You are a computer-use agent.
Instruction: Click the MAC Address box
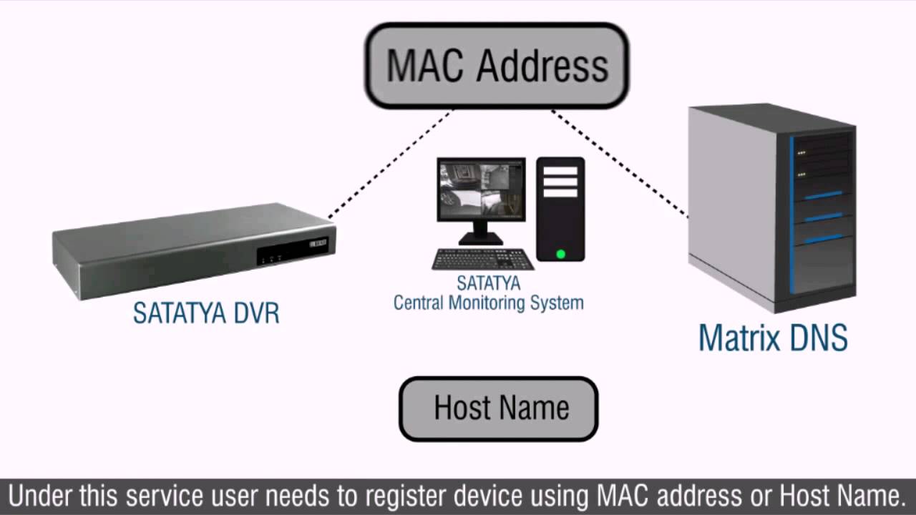coord(497,66)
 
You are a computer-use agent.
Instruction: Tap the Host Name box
coord(498,408)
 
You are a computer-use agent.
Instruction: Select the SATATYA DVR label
coord(206,313)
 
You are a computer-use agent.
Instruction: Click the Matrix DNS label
coord(773,337)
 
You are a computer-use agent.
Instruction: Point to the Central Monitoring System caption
coord(489,303)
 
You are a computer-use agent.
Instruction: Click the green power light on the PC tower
coord(560,253)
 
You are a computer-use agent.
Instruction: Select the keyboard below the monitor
coord(483,258)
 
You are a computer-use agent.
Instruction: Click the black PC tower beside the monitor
coord(560,208)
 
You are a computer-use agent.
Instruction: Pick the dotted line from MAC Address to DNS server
coord(619,163)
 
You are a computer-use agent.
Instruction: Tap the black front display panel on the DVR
coord(292,251)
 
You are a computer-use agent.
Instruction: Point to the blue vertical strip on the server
coord(792,215)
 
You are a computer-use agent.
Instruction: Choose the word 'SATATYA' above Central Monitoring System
coord(489,284)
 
